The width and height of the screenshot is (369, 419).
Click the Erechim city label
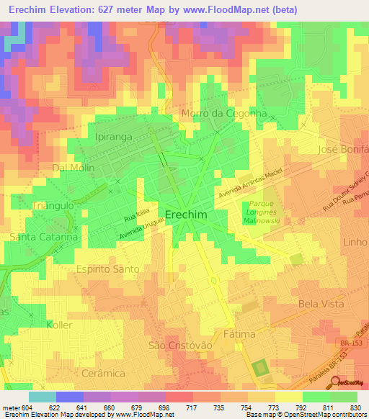tap(187, 215)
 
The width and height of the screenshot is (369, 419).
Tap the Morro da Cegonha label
tap(224, 114)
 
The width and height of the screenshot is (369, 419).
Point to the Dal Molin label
tap(74, 168)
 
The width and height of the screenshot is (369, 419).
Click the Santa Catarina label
tap(43, 236)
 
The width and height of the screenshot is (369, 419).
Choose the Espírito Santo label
tap(107, 269)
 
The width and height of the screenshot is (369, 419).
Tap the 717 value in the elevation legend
tap(193, 407)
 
